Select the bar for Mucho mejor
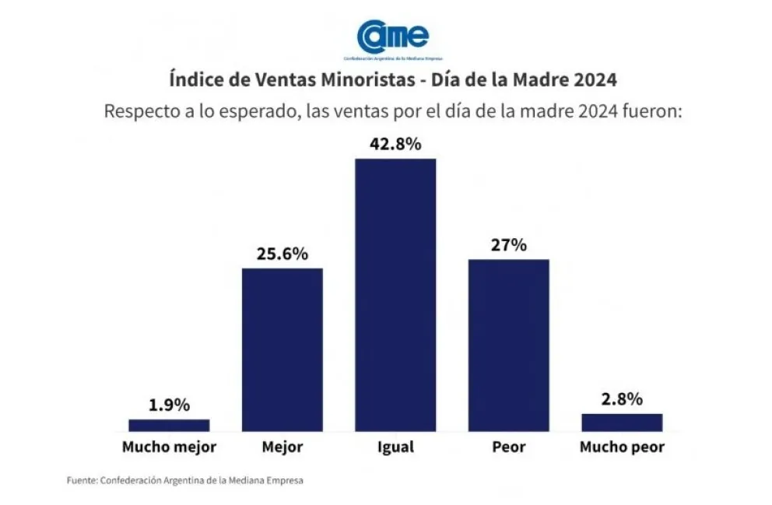[x=169, y=425]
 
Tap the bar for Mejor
[x=282, y=349]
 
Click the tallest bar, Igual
[x=395, y=294]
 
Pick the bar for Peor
[x=508, y=345]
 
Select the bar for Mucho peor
[x=622, y=422]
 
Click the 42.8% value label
[x=395, y=144]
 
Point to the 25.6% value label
[x=282, y=254]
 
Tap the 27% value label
[x=509, y=245]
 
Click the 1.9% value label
[x=169, y=405]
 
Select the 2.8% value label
[x=622, y=400]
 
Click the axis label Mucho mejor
[x=169, y=447]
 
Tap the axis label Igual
[x=395, y=448]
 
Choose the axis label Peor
[x=509, y=447]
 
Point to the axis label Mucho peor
[x=622, y=447]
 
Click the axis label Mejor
[x=282, y=448]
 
